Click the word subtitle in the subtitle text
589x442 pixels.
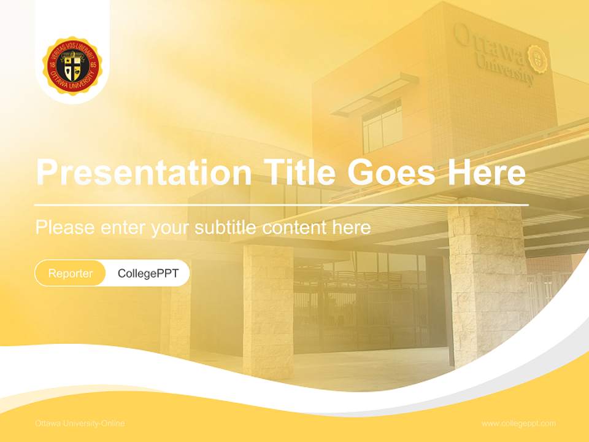(226, 228)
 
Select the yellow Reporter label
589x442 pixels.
(71, 273)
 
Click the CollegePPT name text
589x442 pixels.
(148, 273)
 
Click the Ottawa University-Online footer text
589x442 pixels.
(80, 424)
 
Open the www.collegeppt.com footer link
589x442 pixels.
(518, 424)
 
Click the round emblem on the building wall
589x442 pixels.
(537, 58)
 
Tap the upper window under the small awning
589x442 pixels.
(382, 126)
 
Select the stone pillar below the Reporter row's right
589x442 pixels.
(268, 307)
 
